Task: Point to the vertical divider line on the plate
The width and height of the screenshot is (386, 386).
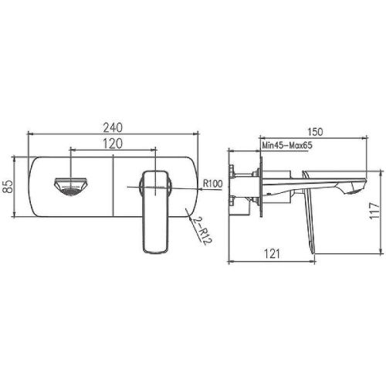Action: click(x=114, y=185)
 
